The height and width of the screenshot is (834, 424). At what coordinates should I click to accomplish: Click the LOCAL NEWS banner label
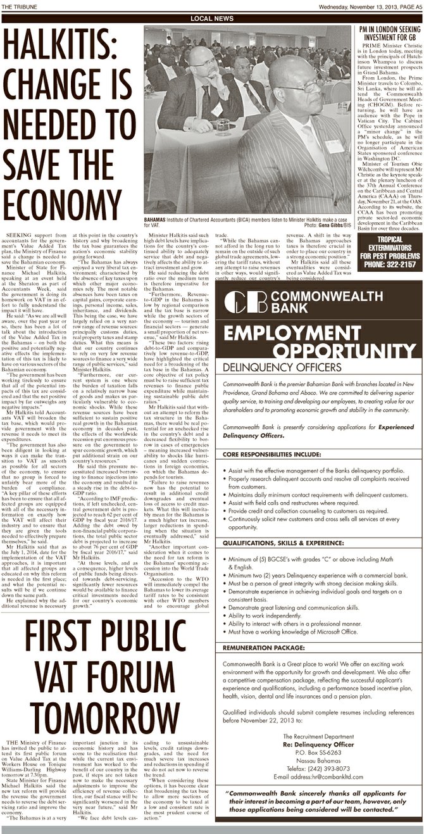pos(211,18)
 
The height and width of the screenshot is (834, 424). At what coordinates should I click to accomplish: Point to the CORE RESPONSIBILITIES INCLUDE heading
pos(273,454)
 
